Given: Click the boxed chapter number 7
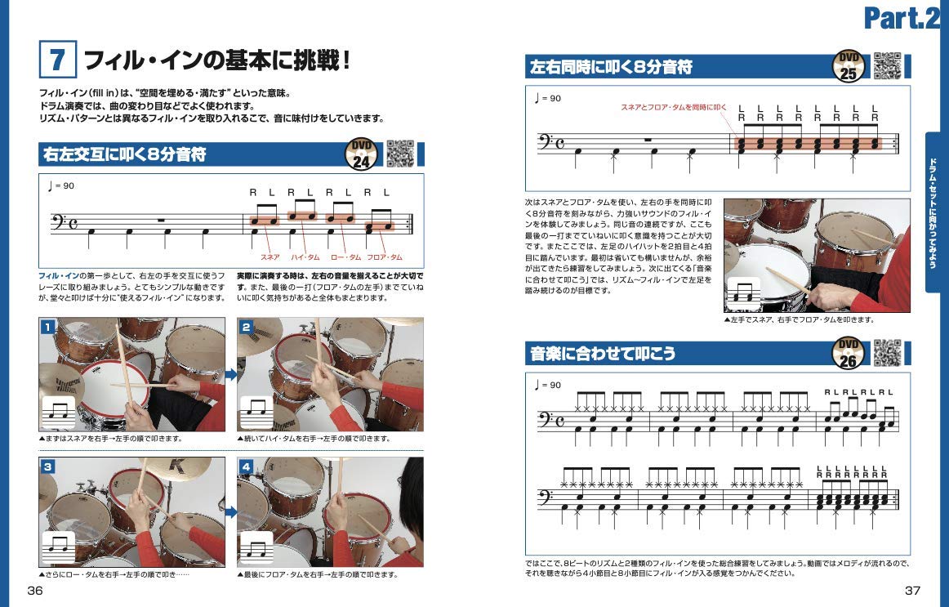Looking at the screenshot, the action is (x=57, y=60).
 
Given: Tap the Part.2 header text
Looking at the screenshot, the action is (x=902, y=17).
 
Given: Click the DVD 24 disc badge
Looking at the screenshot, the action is (x=361, y=154).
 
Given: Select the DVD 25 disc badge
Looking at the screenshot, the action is (x=849, y=66).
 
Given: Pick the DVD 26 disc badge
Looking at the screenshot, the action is (x=849, y=353).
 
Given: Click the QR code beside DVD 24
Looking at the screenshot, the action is (x=400, y=154).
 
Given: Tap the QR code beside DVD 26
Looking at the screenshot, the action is (x=887, y=353).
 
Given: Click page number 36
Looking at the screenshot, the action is (x=35, y=590).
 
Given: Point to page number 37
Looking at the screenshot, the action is (x=912, y=590).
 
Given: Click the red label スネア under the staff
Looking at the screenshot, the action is (x=270, y=257).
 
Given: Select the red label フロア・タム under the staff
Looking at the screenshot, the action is (x=385, y=257).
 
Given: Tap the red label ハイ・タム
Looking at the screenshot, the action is (x=305, y=257).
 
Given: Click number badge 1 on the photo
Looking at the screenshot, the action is (x=48, y=328).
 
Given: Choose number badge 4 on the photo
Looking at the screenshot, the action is (x=247, y=466).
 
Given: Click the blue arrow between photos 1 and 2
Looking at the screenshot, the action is (x=231, y=375).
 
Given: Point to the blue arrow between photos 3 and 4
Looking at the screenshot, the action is (x=231, y=512).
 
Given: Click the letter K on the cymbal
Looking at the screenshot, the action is (x=179, y=466).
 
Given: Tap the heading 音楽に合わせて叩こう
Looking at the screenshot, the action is (x=603, y=354).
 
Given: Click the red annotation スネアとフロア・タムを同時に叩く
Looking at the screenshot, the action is (x=674, y=107).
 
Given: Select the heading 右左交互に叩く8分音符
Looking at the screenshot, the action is (x=125, y=154).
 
